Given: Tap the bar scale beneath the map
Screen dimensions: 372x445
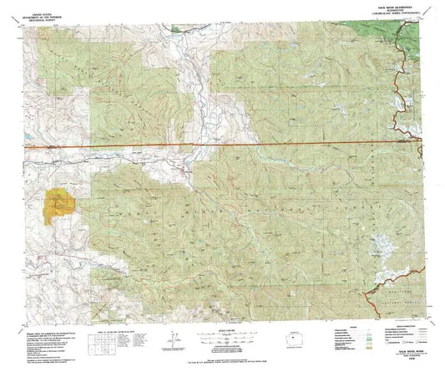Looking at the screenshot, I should click(225, 335).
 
